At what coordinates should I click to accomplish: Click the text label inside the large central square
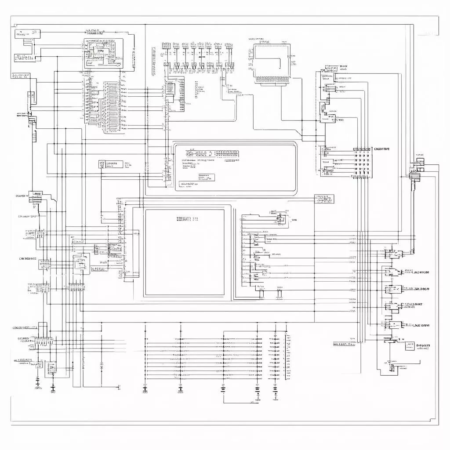click(187, 218)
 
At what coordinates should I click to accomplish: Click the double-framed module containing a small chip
click(104, 53)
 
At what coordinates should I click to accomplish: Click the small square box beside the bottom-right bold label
click(410, 346)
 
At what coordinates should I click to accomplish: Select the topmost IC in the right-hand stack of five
click(392, 254)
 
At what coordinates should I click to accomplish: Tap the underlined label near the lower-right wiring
click(350, 344)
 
